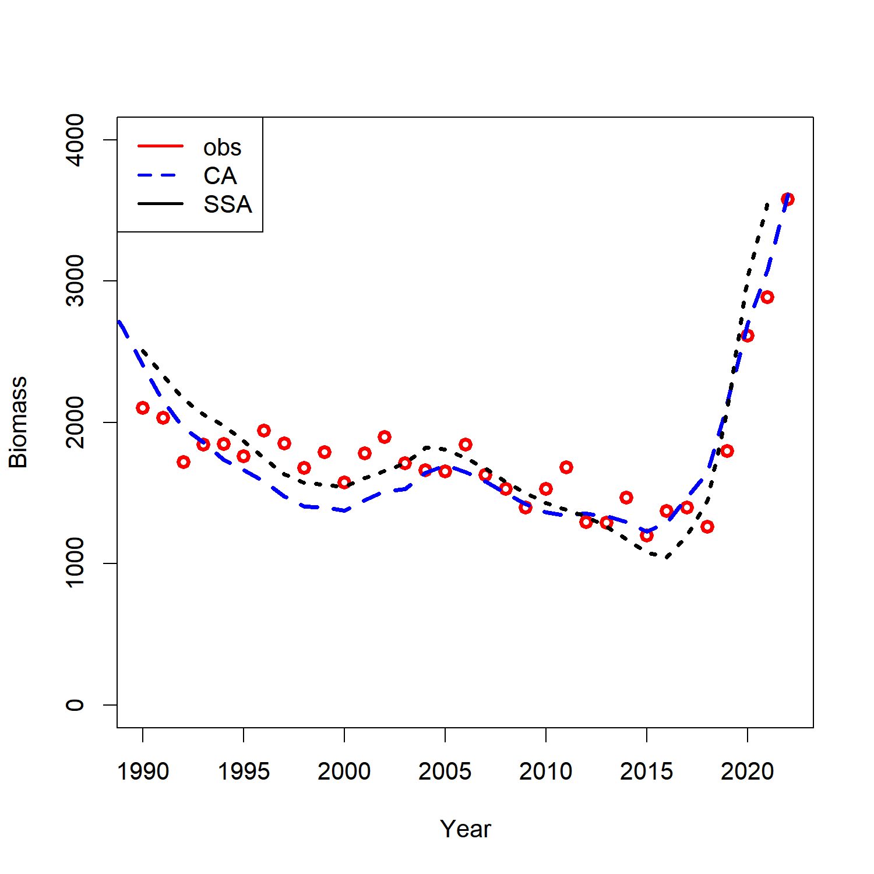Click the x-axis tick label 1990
(x=143, y=771)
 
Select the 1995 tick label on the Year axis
(x=244, y=771)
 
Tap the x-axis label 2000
(x=344, y=771)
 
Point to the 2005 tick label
(x=445, y=771)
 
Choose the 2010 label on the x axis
(x=546, y=771)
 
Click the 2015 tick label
(x=647, y=771)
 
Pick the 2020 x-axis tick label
(x=748, y=771)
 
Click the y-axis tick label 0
(x=75, y=705)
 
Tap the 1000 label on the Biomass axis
(x=75, y=563)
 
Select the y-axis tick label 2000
(x=75, y=422)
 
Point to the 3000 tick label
(x=75, y=281)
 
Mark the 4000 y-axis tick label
(x=75, y=140)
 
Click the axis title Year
(x=466, y=829)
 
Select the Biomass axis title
(x=19, y=422)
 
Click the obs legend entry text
(x=222, y=148)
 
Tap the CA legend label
(x=220, y=176)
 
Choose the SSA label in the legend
(x=227, y=205)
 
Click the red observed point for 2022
(x=787, y=199)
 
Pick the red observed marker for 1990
(x=143, y=408)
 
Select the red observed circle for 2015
(x=647, y=535)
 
